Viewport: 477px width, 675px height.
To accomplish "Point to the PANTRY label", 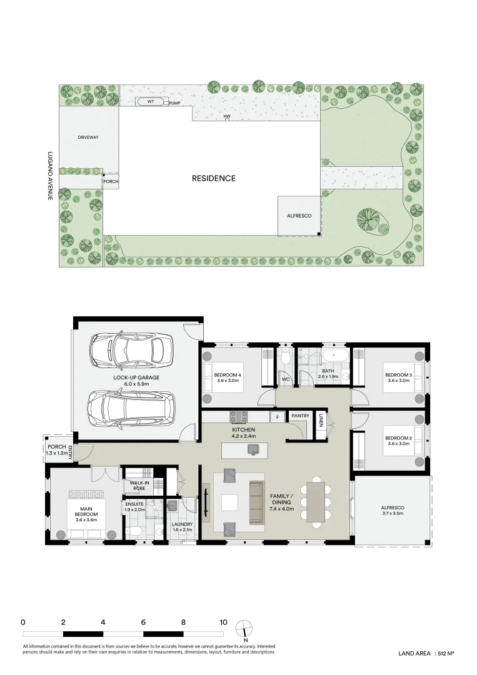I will [x=300, y=416].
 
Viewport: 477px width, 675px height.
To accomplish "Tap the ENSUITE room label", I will [x=135, y=506].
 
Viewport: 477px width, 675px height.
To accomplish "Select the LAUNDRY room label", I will [x=183, y=527].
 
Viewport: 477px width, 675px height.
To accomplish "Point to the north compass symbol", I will [x=244, y=627].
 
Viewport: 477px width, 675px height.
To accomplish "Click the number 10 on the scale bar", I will [x=223, y=622].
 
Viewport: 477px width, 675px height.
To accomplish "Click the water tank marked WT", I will [x=151, y=101].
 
